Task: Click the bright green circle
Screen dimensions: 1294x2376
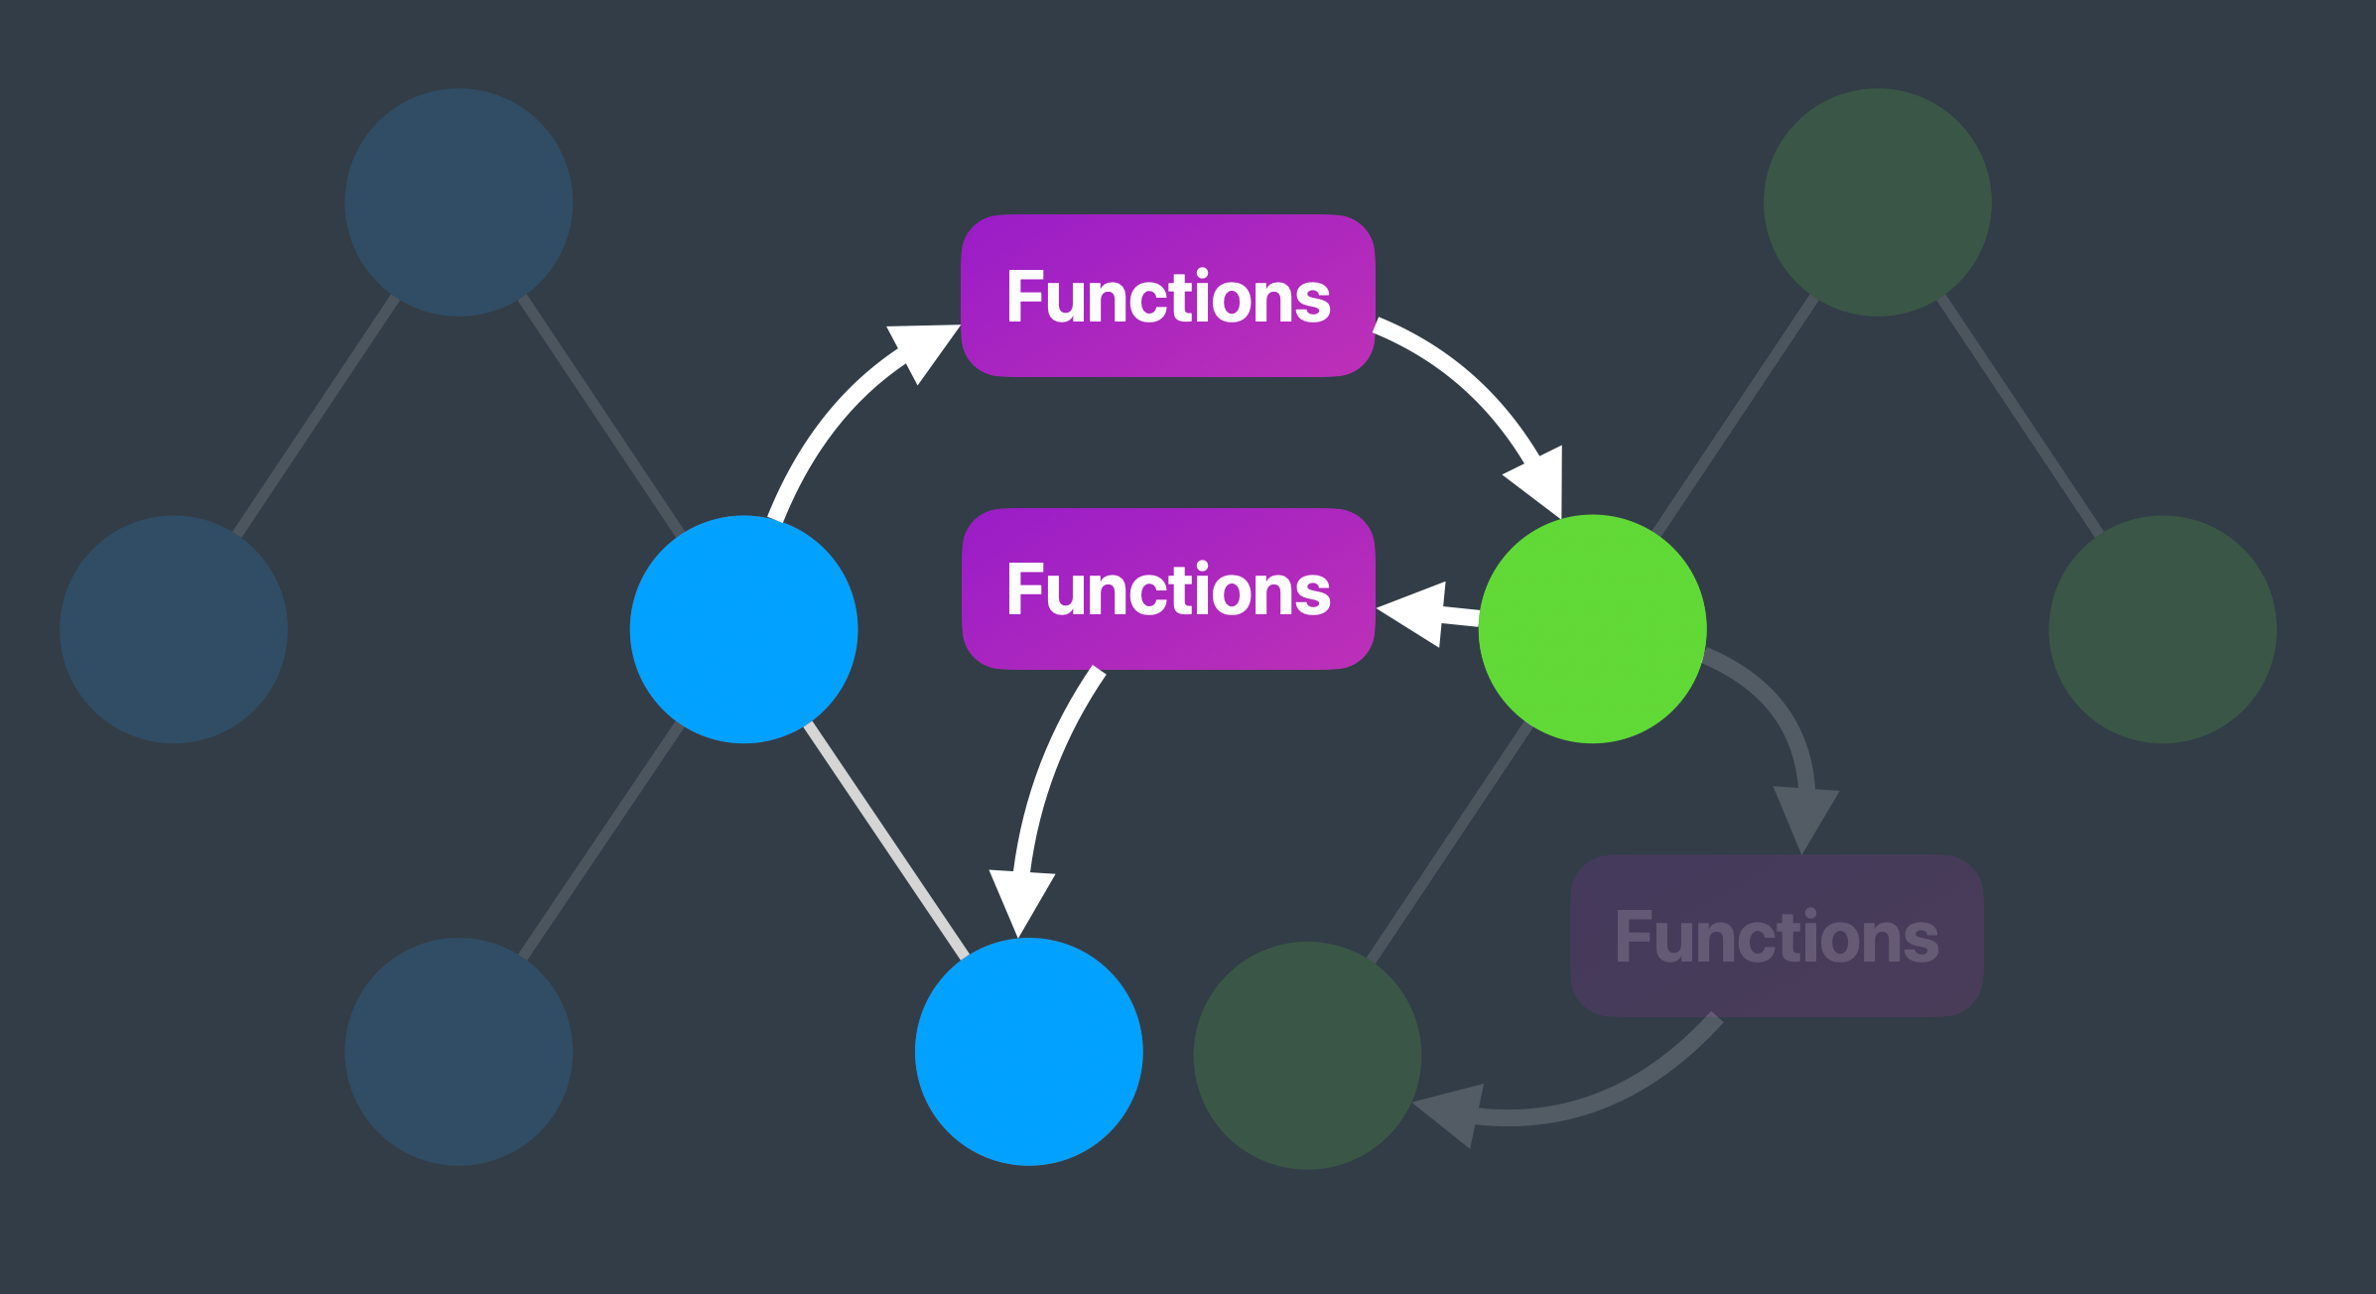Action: [x=1592, y=628]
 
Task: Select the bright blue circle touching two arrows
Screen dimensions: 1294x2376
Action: [x=743, y=628]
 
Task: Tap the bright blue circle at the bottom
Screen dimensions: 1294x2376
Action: [x=1028, y=1051]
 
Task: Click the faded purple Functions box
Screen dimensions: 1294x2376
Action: [x=1777, y=936]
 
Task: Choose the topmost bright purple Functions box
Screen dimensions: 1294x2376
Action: [x=1167, y=296]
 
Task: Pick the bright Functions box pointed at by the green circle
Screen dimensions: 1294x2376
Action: [x=1167, y=589]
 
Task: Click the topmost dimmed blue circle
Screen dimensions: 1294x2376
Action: [x=458, y=202]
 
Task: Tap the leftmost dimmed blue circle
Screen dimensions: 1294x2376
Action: [x=174, y=628]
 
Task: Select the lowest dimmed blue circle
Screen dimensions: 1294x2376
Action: [x=458, y=1051]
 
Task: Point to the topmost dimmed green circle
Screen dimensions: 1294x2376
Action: [x=1877, y=202]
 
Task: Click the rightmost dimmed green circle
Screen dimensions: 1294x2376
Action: [x=2162, y=628]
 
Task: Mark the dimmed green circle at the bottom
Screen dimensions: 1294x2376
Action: [x=1306, y=1055]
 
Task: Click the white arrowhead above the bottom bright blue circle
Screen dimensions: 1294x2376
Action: [x=1021, y=899]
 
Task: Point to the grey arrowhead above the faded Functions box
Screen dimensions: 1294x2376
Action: [x=1805, y=816]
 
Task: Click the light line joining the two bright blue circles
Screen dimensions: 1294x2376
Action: [x=885, y=841]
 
